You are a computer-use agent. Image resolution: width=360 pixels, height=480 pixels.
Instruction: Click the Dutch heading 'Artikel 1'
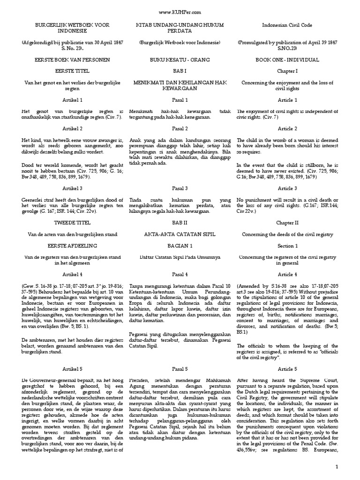click(x=72, y=100)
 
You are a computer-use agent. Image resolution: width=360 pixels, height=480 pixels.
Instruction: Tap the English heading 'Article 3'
click(x=287, y=188)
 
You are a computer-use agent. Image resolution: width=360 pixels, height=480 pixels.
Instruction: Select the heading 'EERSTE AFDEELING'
click(x=72, y=245)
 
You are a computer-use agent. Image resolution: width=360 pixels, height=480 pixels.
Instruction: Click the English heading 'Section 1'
click(x=287, y=245)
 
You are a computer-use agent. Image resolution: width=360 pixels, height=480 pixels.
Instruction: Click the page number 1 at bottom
click(x=350, y=467)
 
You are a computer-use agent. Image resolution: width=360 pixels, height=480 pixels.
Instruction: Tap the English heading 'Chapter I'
click(x=287, y=70)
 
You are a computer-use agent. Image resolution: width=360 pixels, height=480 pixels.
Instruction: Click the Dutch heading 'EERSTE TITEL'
click(x=72, y=70)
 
